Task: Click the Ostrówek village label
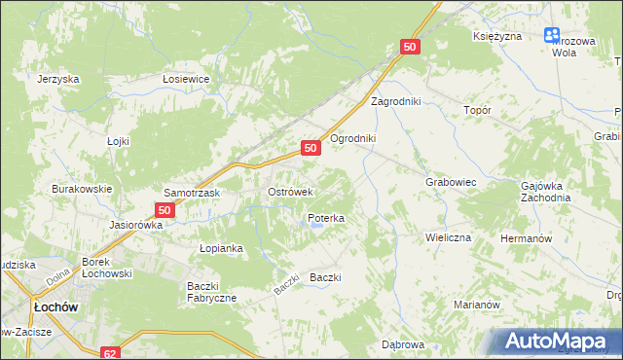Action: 289,193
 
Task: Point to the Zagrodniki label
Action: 393,101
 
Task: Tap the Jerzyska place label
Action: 57,80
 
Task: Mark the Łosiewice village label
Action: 187,80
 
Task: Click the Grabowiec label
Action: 450,181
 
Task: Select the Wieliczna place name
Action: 448,237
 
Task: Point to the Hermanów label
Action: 526,238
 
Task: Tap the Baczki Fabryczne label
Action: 211,291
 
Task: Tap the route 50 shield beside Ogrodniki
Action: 310,148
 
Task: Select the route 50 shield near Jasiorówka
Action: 165,209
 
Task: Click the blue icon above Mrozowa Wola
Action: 553,36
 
